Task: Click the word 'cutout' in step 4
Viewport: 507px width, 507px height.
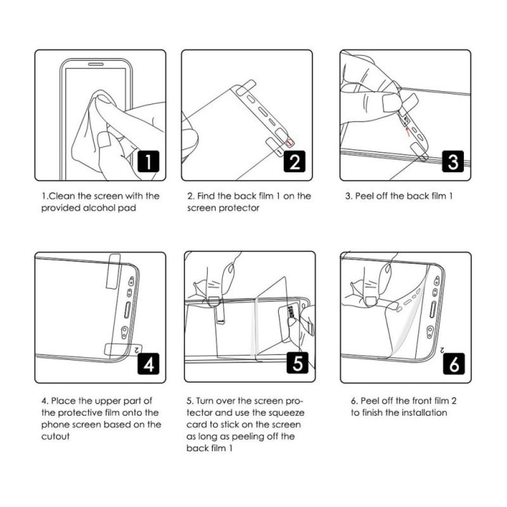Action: tap(55, 436)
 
